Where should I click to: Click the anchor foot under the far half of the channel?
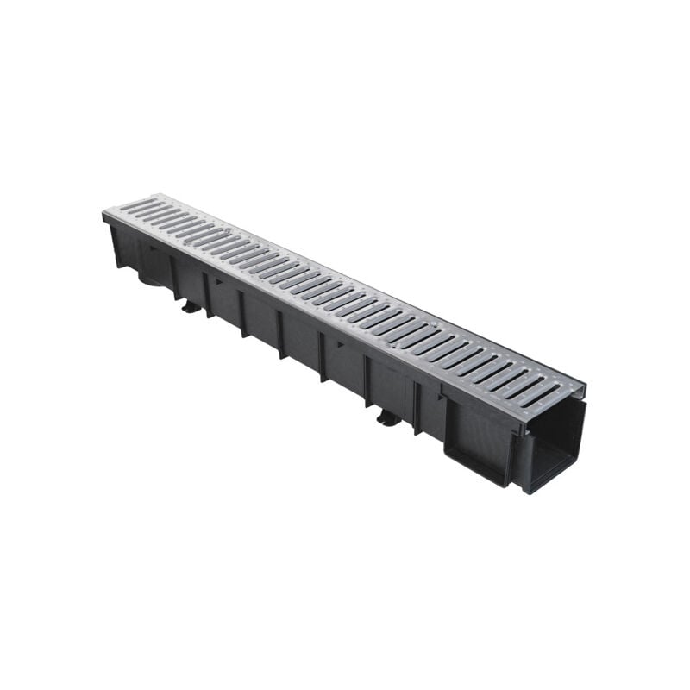pos(191,306)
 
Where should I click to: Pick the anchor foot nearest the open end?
pos(387,419)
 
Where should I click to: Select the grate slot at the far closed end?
pos(138,206)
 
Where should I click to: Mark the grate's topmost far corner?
pos(160,193)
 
